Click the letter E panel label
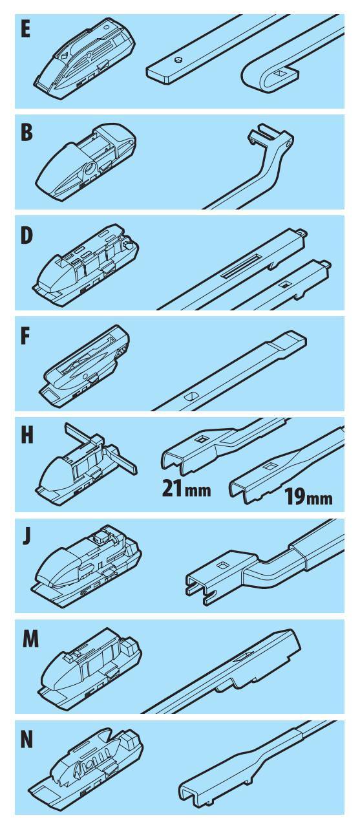[25, 29]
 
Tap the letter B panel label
[26, 131]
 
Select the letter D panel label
[26, 235]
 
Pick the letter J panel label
[26, 537]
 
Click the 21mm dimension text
[187, 488]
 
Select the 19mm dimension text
[308, 497]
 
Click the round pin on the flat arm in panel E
[178, 59]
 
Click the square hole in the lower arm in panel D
[285, 284]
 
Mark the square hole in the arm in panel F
[192, 396]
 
